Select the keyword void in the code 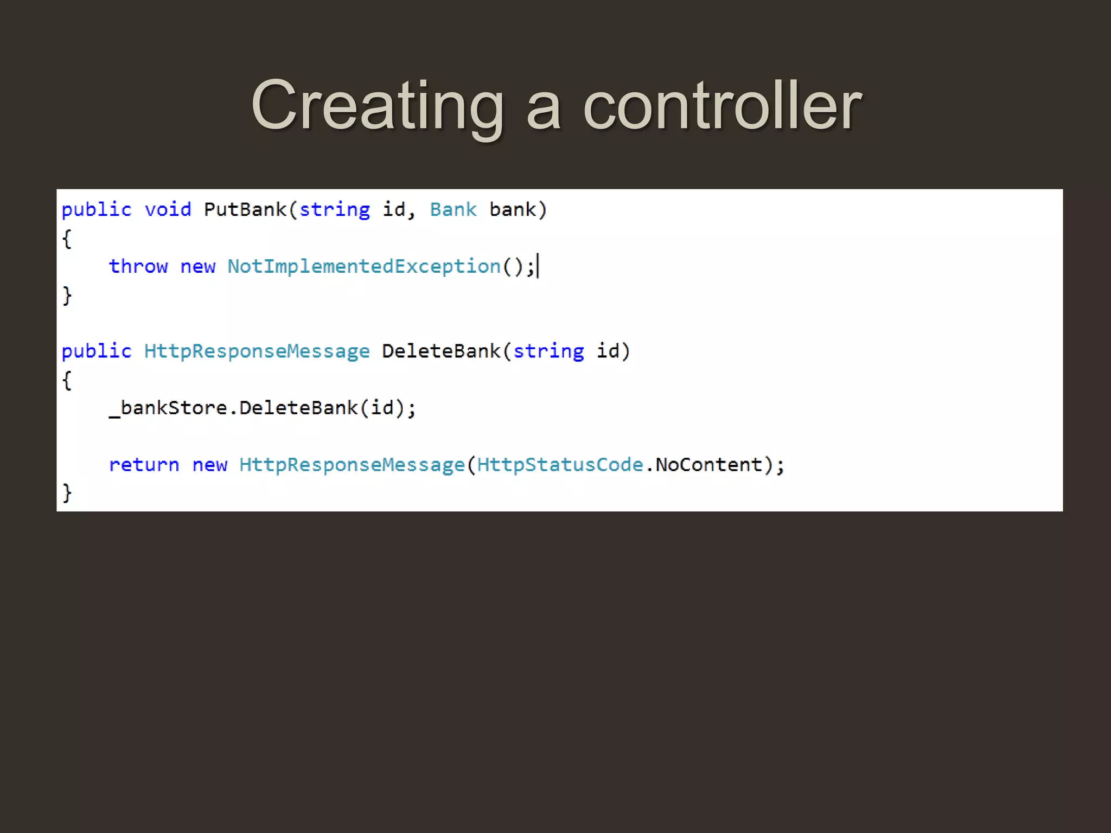tap(168, 210)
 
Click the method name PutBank tap(245, 210)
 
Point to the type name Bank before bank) tap(453, 210)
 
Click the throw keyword tap(138, 266)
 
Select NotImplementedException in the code tap(364, 266)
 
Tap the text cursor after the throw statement tap(538, 266)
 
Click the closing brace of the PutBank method tap(67, 296)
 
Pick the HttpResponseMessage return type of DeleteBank tap(257, 351)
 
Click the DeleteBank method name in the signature tap(441, 351)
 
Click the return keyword tap(144, 465)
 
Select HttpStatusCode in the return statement tap(560, 465)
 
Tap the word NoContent tap(708, 465)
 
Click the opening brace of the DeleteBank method tap(67, 380)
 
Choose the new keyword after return tap(209, 465)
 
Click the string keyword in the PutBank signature tap(334, 210)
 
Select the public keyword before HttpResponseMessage tap(97, 351)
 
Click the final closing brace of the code tap(67, 493)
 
